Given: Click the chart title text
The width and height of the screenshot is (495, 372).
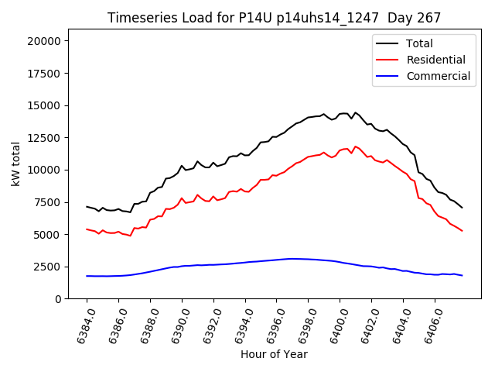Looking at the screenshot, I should click(274, 18).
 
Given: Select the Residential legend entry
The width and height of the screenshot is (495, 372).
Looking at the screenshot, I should click(435, 60).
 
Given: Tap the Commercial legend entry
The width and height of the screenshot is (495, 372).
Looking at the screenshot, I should click(438, 76).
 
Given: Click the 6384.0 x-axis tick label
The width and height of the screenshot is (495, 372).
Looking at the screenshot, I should click(82, 325).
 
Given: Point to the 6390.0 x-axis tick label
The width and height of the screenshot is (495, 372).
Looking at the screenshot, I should click(177, 325).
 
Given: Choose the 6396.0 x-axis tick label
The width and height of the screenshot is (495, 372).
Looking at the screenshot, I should click(272, 325).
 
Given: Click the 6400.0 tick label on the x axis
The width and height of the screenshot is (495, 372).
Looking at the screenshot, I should click(336, 325).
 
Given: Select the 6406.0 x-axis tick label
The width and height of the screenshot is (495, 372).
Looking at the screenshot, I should click(430, 325).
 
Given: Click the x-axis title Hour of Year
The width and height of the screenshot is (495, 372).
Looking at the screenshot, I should click(274, 355).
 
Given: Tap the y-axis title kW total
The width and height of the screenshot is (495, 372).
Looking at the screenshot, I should click(16, 164).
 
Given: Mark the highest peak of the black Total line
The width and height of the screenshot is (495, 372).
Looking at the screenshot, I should click(356, 112).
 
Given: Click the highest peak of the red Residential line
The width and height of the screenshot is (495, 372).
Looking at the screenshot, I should click(356, 146).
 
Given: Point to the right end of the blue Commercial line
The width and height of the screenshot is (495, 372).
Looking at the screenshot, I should click(462, 276).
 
